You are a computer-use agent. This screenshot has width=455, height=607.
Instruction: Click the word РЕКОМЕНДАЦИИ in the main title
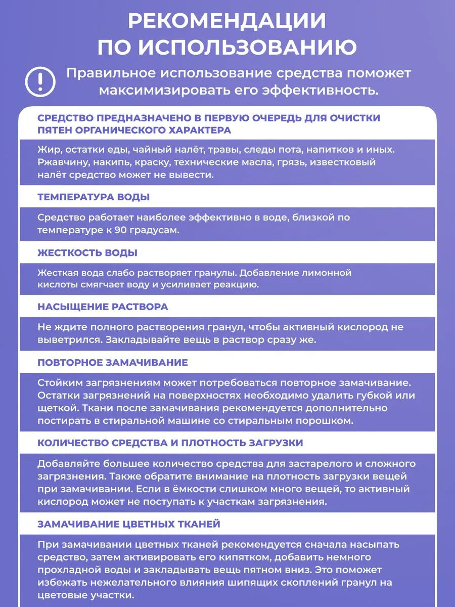(227, 21)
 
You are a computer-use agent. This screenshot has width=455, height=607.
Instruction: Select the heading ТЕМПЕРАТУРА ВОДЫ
(94, 197)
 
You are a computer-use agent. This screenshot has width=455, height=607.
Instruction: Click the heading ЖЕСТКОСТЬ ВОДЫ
(87, 252)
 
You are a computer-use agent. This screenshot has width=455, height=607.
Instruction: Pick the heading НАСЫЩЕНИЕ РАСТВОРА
(103, 307)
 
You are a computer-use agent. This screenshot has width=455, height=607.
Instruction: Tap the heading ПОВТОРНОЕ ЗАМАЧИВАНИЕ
(113, 363)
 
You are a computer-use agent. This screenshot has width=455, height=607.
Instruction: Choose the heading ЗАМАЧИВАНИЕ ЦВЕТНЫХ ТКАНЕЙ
(129, 524)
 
